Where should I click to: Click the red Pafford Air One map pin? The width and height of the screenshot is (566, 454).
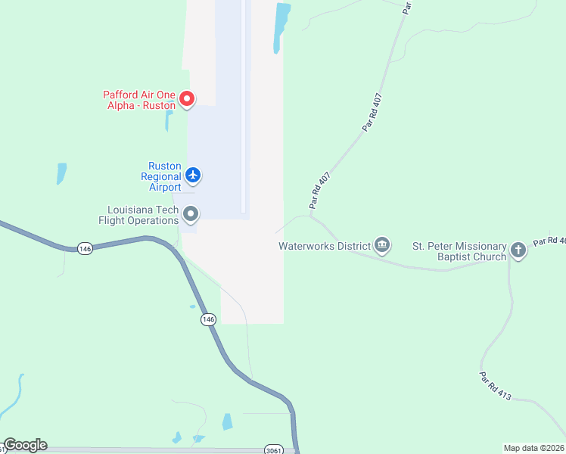click(x=187, y=98)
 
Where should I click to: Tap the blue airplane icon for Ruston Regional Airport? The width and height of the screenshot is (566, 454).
click(x=193, y=176)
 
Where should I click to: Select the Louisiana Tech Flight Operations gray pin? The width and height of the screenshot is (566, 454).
click(x=191, y=215)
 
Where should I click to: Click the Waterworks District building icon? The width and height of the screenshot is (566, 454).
click(x=382, y=245)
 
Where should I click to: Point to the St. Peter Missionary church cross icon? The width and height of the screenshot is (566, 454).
click(x=518, y=250)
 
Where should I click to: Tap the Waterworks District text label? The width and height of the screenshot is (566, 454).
click(x=324, y=246)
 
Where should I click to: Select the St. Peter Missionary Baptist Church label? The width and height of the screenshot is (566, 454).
click(x=459, y=251)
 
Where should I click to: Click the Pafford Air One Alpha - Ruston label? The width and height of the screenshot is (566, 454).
click(x=139, y=100)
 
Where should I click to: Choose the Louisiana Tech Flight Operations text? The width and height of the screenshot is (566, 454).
click(x=142, y=215)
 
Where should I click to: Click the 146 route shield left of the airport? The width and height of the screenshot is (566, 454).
click(x=85, y=248)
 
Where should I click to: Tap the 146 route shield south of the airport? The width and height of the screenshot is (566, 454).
click(x=209, y=320)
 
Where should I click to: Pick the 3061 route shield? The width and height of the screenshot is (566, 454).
click(x=274, y=449)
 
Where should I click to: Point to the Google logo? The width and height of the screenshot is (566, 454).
click(x=25, y=445)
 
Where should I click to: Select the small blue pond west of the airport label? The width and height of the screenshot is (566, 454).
click(x=61, y=173)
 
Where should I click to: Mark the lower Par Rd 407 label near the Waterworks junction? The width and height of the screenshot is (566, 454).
click(x=320, y=190)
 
